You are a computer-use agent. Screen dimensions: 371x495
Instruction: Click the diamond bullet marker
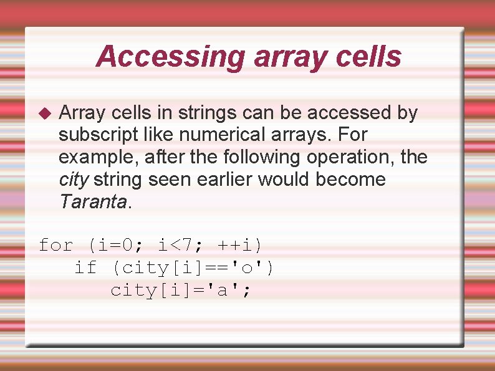coord(44,113)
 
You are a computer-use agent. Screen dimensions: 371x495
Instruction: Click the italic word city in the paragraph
coord(73,179)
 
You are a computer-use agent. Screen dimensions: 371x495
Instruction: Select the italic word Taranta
coord(92,201)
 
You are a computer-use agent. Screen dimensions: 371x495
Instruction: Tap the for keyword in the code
coord(56,245)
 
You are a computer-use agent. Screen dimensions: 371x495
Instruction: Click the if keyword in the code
coord(86,267)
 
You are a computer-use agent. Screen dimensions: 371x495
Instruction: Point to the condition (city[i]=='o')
coord(193,267)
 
